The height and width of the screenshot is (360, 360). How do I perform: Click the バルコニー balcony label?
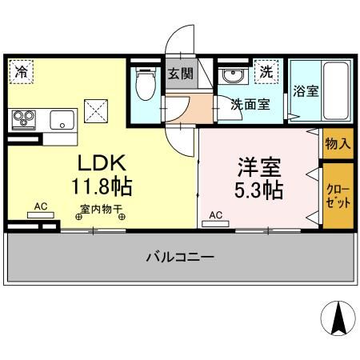179,258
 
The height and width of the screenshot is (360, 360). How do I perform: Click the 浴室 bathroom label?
305,91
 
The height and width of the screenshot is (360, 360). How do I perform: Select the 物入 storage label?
337,144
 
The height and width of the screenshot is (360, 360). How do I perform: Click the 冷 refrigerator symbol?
22,71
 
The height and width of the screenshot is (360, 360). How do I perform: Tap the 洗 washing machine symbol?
265,71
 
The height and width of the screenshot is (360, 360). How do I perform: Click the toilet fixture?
146,84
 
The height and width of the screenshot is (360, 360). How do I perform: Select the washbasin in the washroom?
233,78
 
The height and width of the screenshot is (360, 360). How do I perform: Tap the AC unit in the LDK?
41,213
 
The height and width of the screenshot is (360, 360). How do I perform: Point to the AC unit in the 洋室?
214,222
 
